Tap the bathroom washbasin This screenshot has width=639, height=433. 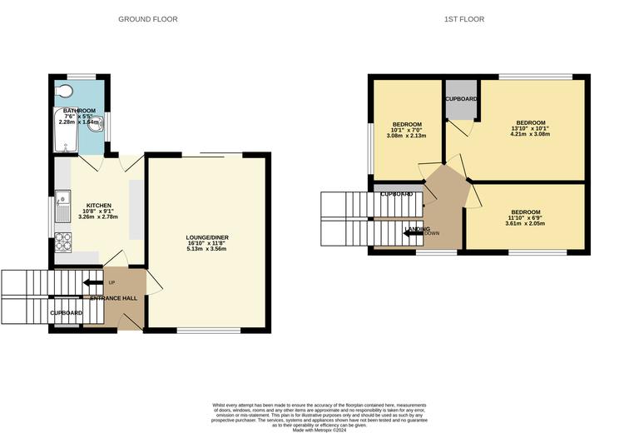tap(98, 132)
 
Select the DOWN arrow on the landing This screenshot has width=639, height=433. tap(409, 233)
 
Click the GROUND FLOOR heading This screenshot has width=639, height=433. tap(147, 19)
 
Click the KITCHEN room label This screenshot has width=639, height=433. tap(98, 206)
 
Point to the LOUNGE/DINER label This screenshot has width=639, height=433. tap(207, 238)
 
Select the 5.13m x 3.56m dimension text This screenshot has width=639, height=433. tap(207, 248)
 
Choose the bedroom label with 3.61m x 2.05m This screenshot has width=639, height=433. tap(525, 212)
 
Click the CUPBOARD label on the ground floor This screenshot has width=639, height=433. tap(67, 313)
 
